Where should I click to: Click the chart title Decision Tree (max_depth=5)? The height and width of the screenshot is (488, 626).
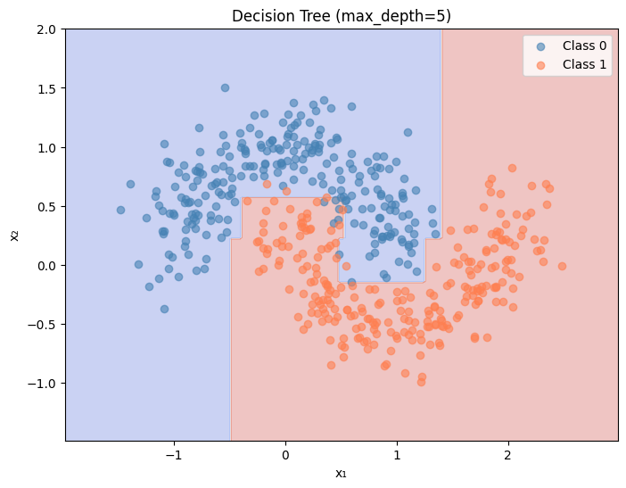(x=342, y=15)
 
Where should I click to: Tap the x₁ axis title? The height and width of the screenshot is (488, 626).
(x=342, y=473)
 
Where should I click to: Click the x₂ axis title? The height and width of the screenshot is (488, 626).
(x=13, y=236)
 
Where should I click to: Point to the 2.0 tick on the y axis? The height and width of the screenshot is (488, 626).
(x=46, y=29)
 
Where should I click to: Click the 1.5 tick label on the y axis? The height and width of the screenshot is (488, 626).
(x=46, y=88)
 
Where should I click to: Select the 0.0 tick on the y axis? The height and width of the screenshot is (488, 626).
(x=46, y=266)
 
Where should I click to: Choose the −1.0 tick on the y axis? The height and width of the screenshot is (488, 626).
(x=43, y=384)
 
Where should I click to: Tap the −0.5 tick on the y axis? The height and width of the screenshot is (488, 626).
(x=43, y=325)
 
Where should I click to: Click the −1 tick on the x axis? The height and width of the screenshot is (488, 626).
(x=175, y=453)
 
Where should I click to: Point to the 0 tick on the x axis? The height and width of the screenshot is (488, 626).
(x=286, y=453)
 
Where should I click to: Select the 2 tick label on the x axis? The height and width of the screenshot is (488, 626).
(x=508, y=453)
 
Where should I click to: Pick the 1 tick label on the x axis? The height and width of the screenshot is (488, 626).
(x=397, y=453)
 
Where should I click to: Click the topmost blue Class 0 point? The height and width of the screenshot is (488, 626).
(x=225, y=87)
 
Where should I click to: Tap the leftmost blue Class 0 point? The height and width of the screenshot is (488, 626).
(x=120, y=211)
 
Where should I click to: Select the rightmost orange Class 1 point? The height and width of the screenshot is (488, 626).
(x=562, y=266)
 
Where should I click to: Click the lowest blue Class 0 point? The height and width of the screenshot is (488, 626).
(x=164, y=309)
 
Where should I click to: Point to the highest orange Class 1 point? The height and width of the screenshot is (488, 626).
(x=512, y=168)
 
